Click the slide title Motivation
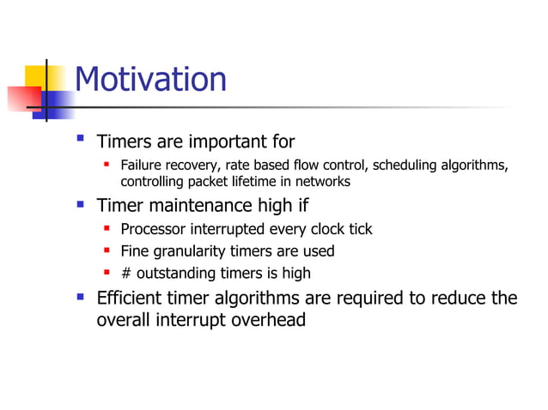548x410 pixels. click(x=150, y=80)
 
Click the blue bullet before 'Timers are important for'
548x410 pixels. click(x=80, y=139)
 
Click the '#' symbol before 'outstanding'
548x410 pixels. click(x=125, y=274)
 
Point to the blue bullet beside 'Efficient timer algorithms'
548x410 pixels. click(x=80, y=297)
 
